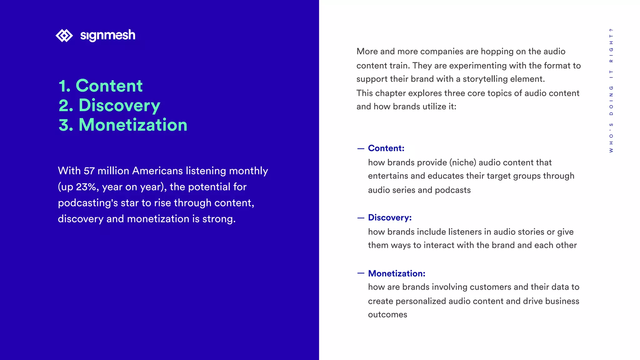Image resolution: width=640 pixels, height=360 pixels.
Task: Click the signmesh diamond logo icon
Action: point(64,35)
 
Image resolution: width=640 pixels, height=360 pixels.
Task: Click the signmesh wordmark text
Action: point(107,35)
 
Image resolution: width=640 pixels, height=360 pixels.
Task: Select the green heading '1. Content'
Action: point(101,86)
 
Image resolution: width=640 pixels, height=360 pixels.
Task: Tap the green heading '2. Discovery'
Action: point(109,105)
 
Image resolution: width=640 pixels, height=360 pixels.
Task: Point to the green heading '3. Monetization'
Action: point(123,125)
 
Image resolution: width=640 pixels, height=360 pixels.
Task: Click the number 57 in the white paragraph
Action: point(89,171)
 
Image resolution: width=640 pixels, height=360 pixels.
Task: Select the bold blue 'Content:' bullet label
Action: point(386,148)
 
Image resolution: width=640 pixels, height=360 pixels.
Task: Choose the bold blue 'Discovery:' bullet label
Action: point(390,217)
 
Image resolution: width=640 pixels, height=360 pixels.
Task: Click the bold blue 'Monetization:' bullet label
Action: point(397,273)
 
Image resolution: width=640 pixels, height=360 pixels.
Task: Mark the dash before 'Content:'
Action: point(361,148)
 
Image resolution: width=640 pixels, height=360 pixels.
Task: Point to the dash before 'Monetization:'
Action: point(361,273)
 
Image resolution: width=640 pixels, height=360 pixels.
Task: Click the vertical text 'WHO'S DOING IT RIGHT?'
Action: point(611,90)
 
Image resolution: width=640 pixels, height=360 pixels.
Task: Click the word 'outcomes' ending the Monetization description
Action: point(387,315)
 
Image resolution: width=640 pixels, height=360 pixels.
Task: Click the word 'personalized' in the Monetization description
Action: point(421,301)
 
